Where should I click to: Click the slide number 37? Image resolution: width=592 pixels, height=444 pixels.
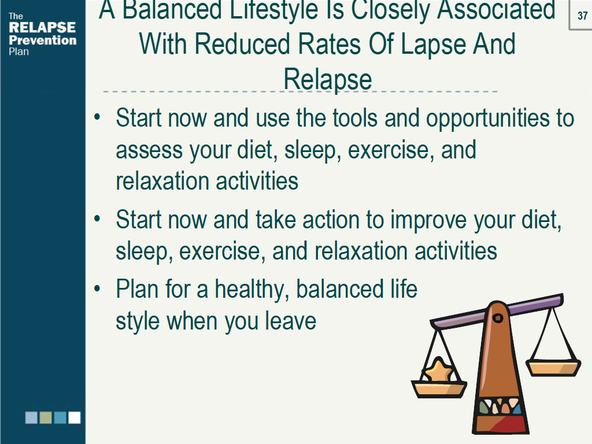pos(582,16)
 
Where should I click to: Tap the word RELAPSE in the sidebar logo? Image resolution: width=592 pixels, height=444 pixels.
pos(42,28)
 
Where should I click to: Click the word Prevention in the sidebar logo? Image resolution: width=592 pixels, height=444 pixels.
pos(43,40)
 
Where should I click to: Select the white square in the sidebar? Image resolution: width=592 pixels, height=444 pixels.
pos(75,417)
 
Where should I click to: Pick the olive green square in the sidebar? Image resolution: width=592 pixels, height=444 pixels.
pos(46,417)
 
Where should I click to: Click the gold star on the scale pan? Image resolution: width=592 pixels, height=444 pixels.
pos(439,370)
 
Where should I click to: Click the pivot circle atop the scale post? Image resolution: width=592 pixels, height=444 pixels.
pos(498,318)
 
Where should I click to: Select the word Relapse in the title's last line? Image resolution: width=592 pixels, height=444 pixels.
pos(328,79)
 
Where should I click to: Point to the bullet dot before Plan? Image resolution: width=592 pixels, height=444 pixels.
pos(97,289)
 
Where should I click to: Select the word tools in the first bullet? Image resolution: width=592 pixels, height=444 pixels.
pos(355,118)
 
